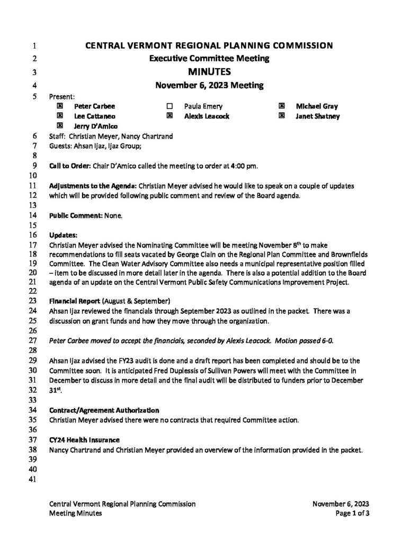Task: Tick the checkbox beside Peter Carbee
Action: (x=60, y=106)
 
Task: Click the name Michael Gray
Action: (x=317, y=106)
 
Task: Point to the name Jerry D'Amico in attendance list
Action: (x=96, y=126)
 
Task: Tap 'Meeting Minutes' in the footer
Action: (x=72, y=513)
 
